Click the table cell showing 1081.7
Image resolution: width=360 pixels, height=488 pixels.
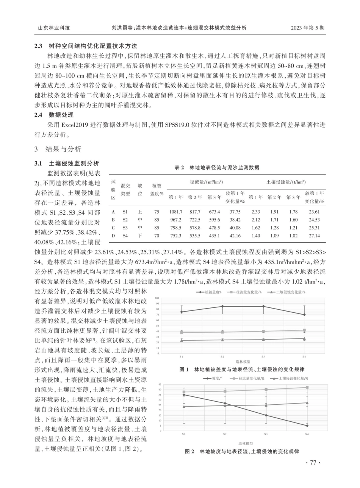click(x=175, y=212)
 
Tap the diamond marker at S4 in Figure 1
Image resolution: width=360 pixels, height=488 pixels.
click(x=304, y=315)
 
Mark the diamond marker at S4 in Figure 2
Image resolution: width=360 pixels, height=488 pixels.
click(x=307, y=426)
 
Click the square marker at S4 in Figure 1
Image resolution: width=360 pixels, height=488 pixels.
click(x=304, y=330)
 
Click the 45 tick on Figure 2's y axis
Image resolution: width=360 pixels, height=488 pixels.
click(x=160, y=385)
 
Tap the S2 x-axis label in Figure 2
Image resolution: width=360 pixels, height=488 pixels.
click(x=225, y=434)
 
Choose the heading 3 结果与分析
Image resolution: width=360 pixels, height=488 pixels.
click(x=58, y=149)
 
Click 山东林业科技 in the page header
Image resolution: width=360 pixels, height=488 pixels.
click(x=54, y=28)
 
